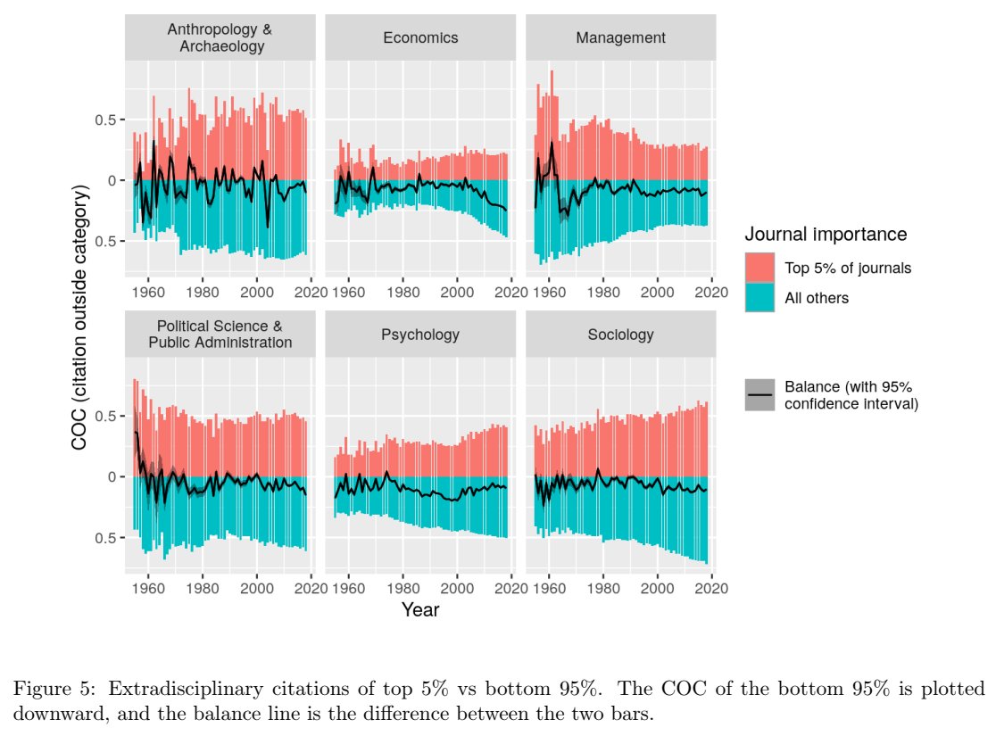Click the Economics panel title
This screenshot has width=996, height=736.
coord(420,37)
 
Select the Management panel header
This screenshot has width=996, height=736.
coord(620,37)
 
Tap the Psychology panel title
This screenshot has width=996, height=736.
coord(420,335)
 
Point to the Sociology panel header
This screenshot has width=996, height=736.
coord(620,335)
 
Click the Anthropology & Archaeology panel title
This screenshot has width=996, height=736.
coord(220,37)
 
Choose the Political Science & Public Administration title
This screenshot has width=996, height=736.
coord(220,335)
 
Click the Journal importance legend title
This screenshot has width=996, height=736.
coord(826,235)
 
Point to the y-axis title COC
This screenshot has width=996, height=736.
coord(81,318)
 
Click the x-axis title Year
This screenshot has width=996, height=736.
coord(419,610)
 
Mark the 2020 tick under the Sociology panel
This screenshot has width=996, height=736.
coord(712,588)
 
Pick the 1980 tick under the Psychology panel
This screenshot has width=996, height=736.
coord(403,588)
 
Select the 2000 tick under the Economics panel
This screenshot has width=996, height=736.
coord(457,291)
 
